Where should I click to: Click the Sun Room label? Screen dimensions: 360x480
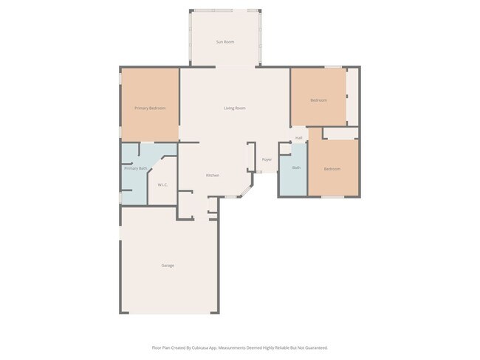click(225, 42)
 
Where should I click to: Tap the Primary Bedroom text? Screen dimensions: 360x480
click(150, 108)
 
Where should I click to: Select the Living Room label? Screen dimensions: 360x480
click(235, 108)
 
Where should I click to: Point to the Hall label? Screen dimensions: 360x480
click(299, 138)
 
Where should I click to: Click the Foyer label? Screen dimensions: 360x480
click(267, 159)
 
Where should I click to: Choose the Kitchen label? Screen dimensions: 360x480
click(212, 176)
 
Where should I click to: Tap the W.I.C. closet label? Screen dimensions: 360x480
click(162, 184)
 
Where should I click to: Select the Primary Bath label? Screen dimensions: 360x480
click(135, 168)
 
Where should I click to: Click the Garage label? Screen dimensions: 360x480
click(168, 265)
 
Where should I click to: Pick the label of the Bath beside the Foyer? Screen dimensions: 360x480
click(296, 168)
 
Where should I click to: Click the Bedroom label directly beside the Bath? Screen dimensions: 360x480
click(332, 169)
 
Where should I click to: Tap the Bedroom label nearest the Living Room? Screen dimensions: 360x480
click(318, 100)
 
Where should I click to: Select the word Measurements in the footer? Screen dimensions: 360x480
click(243, 347)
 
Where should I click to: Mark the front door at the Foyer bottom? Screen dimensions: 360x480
click(259, 173)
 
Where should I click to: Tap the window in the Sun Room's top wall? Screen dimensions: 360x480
click(225, 10)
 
